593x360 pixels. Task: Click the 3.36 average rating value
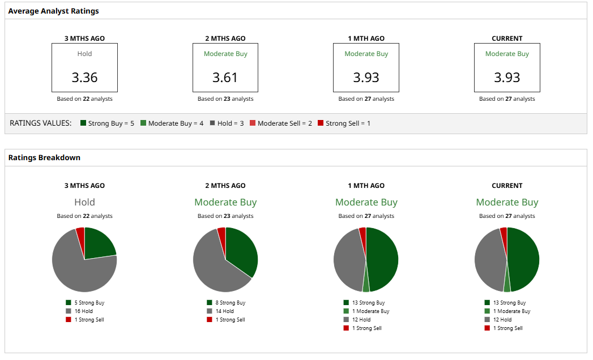click(84, 77)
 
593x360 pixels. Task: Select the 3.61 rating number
click(225, 77)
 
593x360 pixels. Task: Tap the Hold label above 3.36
click(84, 54)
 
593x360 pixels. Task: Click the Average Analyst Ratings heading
click(53, 11)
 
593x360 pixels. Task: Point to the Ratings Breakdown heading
click(44, 157)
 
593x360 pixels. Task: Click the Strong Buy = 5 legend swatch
click(83, 123)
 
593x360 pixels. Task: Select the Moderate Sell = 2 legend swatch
click(253, 123)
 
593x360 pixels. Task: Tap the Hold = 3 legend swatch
click(212, 123)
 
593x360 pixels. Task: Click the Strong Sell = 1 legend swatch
click(321, 123)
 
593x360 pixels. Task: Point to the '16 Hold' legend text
click(83, 311)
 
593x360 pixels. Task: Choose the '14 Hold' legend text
click(224, 311)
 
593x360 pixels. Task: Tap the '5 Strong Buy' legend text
click(89, 303)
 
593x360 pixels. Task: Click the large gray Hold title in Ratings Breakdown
click(84, 202)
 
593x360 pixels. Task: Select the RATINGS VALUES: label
click(41, 123)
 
